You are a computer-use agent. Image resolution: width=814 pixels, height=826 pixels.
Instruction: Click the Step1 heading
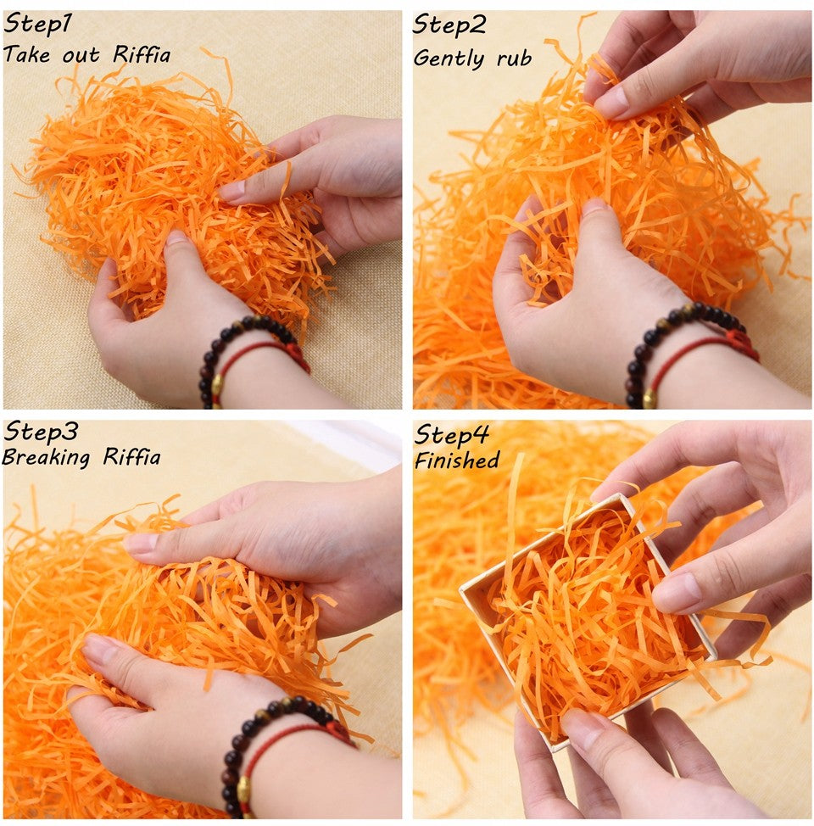(37, 25)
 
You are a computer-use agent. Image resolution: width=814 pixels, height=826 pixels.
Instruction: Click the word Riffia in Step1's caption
(142, 56)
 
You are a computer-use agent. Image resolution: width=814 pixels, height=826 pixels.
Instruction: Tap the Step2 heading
(449, 25)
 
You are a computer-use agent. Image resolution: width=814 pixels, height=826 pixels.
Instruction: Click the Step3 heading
(40, 433)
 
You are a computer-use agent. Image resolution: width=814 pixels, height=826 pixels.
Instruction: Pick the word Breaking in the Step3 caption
(47, 459)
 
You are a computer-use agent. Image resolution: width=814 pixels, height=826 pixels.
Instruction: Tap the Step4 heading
(451, 436)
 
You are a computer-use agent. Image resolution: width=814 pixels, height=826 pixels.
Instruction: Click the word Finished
(456, 461)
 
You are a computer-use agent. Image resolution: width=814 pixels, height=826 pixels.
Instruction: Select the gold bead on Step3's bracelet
(244, 790)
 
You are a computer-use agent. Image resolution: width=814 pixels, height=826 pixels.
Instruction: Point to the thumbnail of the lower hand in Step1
(177, 238)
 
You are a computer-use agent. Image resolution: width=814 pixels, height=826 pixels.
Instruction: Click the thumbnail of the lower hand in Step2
(594, 206)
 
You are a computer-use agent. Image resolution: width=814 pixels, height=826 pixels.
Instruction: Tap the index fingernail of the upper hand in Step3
(140, 544)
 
